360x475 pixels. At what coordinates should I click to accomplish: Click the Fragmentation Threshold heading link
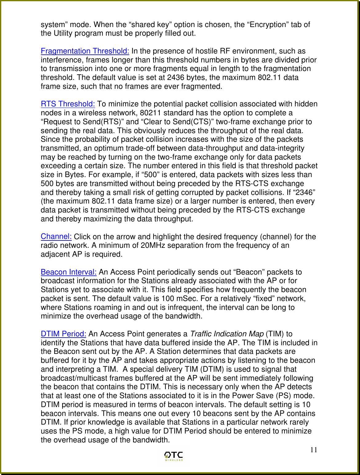tap(85, 51)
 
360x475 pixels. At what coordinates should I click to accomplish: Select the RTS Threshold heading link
tap(68, 104)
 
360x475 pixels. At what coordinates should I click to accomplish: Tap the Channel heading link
tap(56, 236)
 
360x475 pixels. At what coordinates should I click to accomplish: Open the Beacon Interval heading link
tap(69, 272)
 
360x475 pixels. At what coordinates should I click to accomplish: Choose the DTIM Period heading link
tap(63, 334)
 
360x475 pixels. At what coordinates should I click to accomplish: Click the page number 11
tap(314, 450)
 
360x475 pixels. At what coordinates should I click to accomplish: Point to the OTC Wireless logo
tap(174, 456)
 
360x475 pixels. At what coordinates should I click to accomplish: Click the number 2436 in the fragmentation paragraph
tap(176, 77)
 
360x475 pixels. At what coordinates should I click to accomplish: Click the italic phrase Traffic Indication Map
tap(227, 334)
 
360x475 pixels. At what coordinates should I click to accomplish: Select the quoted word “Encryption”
tap(268, 25)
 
